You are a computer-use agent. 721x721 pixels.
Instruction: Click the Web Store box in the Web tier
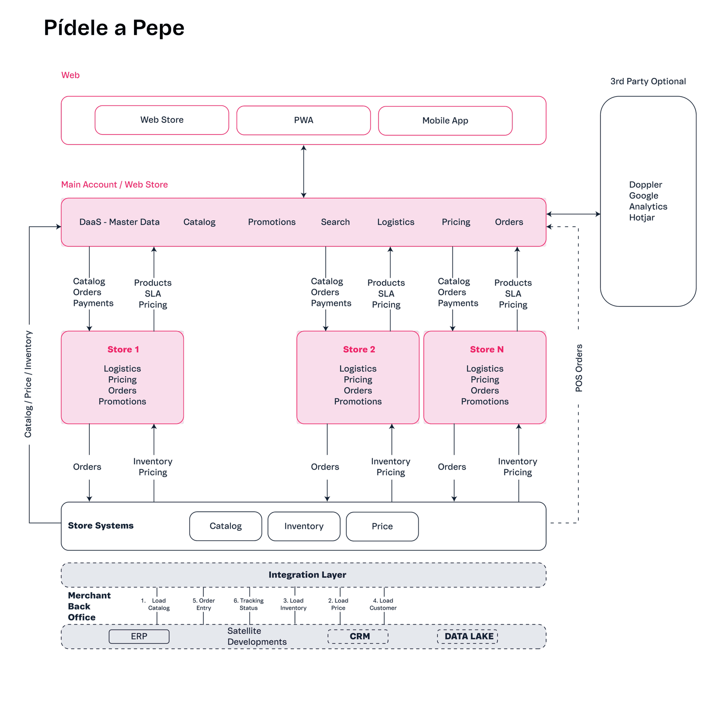(x=162, y=120)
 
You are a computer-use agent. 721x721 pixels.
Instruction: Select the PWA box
(x=303, y=120)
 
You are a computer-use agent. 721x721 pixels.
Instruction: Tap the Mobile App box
(x=445, y=121)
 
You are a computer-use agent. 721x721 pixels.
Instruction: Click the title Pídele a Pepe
(x=114, y=28)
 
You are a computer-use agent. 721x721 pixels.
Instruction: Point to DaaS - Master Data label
(x=119, y=222)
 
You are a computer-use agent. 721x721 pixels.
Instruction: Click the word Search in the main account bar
(x=335, y=222)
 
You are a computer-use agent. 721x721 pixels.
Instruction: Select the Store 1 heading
(x=123, y=349)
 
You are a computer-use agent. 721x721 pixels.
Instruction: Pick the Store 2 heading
(x=359, y=349)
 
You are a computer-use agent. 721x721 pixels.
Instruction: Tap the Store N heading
(x=487, y=349)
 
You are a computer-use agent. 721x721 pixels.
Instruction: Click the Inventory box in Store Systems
(x=304, y=526)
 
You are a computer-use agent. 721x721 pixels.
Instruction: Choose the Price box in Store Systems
(x=382, y=526)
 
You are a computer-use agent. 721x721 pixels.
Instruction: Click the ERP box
(x=139, y=636)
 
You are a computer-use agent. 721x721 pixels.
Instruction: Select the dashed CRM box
(x=359, y=636)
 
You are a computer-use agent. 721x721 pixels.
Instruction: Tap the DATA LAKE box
(x=469, y=636)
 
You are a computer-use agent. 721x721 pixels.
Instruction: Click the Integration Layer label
(x=307, y=575)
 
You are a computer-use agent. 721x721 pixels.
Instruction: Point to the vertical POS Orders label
(x=579, y=368)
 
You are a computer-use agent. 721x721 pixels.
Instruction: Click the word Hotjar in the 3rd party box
(x=642, y=217)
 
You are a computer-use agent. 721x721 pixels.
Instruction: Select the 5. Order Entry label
(x=204, y=604)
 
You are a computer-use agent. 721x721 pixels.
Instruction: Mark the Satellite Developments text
(x=257, y=636)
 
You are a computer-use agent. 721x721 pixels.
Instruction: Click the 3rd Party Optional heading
(x=648, y=81)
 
